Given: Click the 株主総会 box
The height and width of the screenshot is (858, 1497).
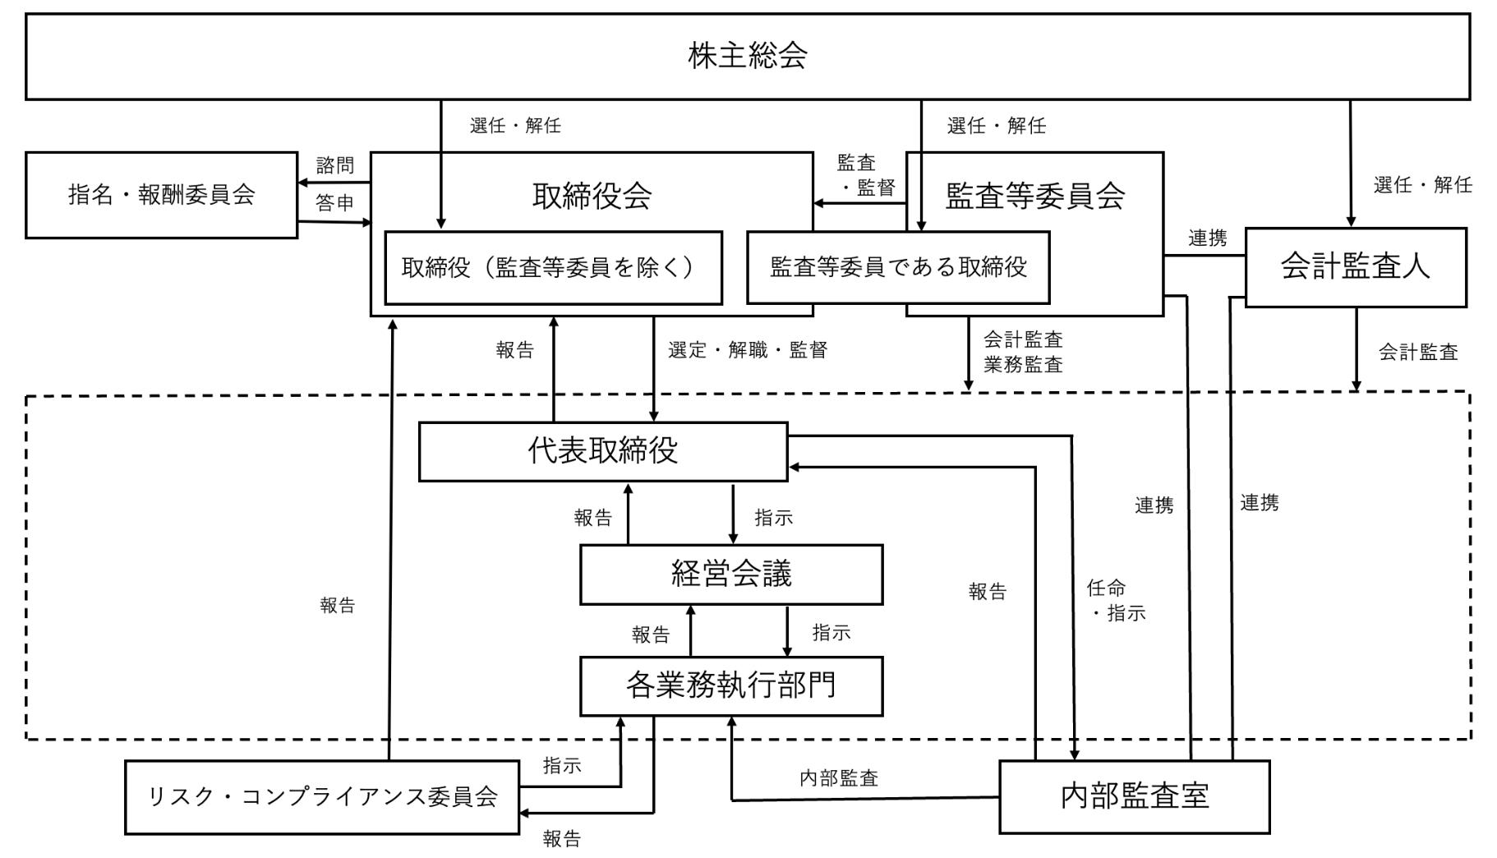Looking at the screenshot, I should pyautogui.click(x=748, y=56).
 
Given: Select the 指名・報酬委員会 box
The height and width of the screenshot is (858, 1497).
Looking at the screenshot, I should pyautogui.click(x=161, y=195).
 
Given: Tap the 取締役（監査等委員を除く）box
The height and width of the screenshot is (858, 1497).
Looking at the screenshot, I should pyautogui.click(x=553, y=267).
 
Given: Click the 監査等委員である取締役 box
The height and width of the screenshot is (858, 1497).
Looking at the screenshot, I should pyautogui.click(x=897, y=267).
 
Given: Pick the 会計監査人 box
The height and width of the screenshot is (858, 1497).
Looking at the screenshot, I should pyautogui.click(x=1355, y=267).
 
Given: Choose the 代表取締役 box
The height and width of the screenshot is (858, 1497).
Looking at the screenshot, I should pyautogui.click(x=602, y=451).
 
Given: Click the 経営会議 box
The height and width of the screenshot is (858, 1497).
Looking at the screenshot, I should pyautogui.click(x=730, y=574).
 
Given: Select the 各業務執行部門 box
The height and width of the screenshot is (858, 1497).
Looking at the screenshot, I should pyautogui.click(x=730, y=685).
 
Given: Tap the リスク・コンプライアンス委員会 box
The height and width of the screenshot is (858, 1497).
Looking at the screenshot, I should pyautogui.click(x=321, y=796).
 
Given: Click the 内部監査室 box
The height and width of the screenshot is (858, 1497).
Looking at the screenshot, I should pyautogui.click(x=1134, y=796).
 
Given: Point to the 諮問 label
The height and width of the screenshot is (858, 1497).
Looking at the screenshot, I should pyautogui.click(x=335, y=166).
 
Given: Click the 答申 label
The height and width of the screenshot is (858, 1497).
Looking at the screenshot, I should pyautogui.click(x=335, y=203).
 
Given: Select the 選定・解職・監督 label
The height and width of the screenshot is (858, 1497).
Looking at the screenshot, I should pyautogui.click(x=747, y=350).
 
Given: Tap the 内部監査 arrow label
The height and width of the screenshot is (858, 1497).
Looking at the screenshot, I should pyautogui.click(x=839, y=777).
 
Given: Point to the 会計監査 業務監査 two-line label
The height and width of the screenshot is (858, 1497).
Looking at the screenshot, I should pyautogui.click(x=1023, y=352).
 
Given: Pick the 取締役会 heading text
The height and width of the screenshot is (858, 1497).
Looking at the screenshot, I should pyautogui.click(x=592, y=196).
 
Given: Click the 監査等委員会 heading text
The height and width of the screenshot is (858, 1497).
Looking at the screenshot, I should pyautogui.click(x=1034, y=196).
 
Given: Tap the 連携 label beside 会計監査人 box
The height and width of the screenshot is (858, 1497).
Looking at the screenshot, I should pyautogui.click(x=1207, y=238).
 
